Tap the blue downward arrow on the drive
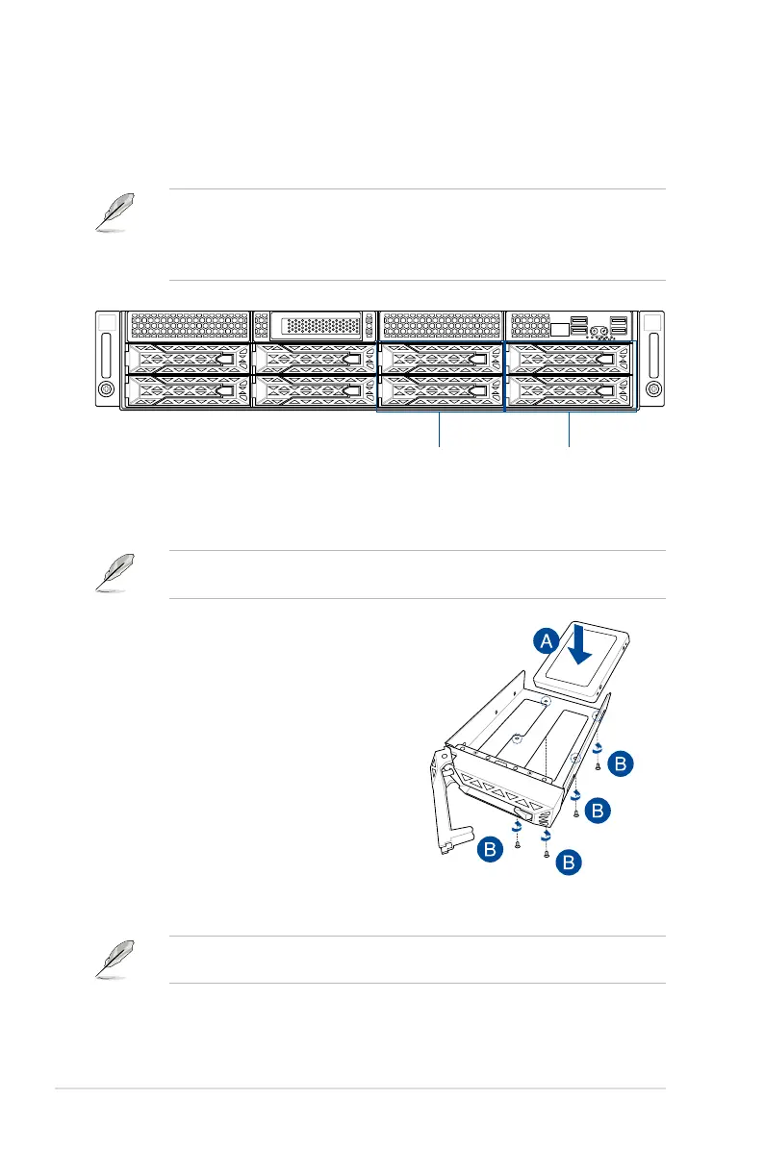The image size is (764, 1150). [x=580, y=642]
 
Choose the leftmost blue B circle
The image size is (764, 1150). [x=491, y=849]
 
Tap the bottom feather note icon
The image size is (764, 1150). [x=115, y=959]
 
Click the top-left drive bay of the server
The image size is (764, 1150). [x=188, y=360]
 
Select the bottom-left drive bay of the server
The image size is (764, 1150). [x=188, y=390]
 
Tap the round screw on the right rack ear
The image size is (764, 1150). [x=653, y=388]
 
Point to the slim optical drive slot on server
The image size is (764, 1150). [x=317, y=325]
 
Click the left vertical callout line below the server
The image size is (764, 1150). [x=441, y=430]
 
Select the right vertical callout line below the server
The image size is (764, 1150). [x=570, y=430]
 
